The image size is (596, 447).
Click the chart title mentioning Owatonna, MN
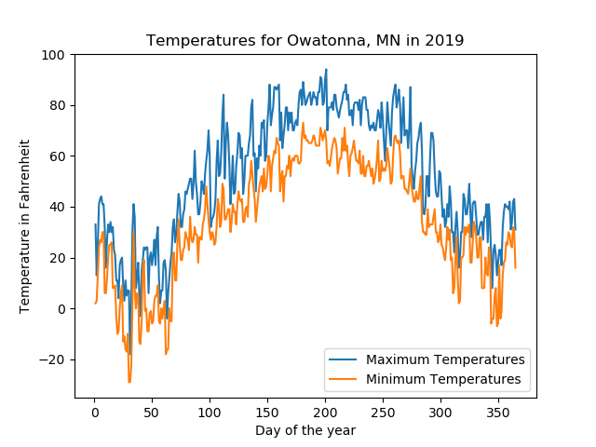pyautogui.click(x=305, y=41)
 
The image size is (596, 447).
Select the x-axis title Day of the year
pyautogui.click(x=305, y=430)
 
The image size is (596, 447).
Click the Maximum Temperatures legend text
pyautogui.click(x=446, y=359)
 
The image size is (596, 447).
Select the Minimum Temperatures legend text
pyautogui.click(x=444, y=379)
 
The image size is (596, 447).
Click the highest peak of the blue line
pyautogui.click(x=326, y=70)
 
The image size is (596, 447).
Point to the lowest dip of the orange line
pyautogui.click(x=129, y=382)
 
